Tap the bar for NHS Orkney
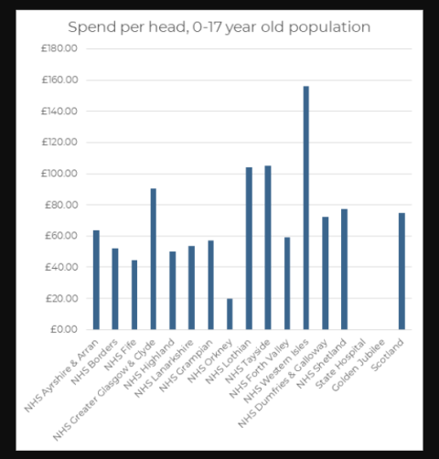(230, 314)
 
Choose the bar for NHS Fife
(134, 294)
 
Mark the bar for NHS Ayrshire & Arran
(96, 280)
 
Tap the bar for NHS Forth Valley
(286, 283)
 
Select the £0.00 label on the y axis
(63, 329)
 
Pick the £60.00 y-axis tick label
(60, 236)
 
